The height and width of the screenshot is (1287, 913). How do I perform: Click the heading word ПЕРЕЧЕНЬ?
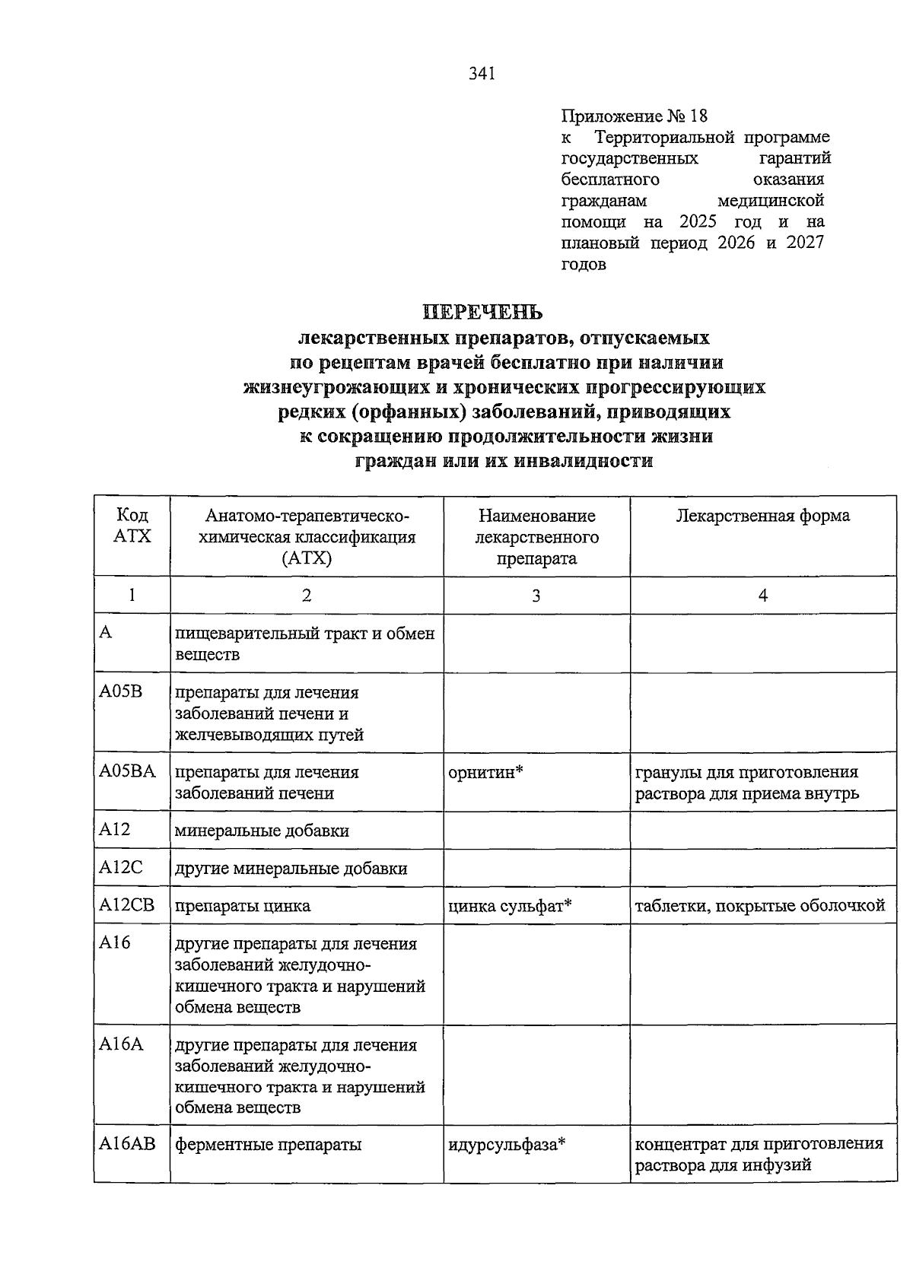[x=482, y=313]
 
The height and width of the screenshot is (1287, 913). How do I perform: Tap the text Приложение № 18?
[x=634, y=116]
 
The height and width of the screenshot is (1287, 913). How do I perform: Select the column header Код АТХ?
[x=132, y=526]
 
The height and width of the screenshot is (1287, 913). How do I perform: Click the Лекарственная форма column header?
[x=762, y=516]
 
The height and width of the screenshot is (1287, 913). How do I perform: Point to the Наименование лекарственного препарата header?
[x=536, y=537]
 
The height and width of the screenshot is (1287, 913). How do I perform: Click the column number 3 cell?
[x=536, y=596]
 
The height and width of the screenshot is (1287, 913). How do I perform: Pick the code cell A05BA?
[x=126, y=771]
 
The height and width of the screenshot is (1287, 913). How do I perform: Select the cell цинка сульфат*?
[x=510, y=906]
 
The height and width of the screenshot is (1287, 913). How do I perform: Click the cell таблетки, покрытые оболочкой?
[x=759, y=906]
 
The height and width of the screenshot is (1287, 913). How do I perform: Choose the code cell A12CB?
[x=126, y=905]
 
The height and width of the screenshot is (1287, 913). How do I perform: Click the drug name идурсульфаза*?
[x=507, y=1144]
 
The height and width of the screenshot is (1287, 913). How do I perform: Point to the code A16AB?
[x=127, y=1143]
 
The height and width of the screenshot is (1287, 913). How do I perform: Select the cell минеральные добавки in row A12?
[x=262, y=831]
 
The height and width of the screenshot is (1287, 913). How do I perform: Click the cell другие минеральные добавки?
[x=291, y=869]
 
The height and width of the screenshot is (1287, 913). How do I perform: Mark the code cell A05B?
[x=120, y=691]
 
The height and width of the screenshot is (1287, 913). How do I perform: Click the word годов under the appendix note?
[x=584, y=265]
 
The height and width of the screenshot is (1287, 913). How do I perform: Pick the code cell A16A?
[x=121, y=1044]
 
